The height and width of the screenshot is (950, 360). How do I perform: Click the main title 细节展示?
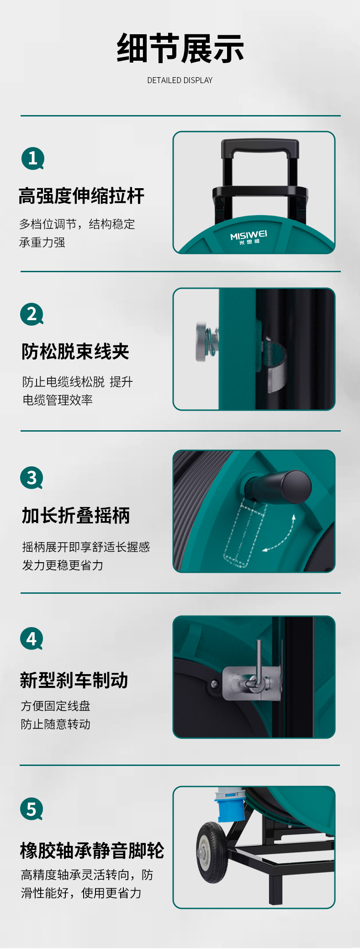tap(180, 48)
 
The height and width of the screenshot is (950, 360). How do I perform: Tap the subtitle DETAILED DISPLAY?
tap(180, 80)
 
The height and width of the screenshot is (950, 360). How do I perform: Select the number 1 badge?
tap(33, 158)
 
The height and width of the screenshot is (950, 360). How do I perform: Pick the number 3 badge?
tap(32, 478)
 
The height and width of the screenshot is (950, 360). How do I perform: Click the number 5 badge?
tap(32, 809)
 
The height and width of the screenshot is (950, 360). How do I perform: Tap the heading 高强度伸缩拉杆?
tap(81, 196)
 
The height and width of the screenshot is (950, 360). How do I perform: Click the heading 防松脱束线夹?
tap(75, 352)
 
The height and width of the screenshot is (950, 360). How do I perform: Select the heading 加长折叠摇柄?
tap(76, 515)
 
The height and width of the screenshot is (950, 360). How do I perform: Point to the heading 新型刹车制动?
tap(74, 680)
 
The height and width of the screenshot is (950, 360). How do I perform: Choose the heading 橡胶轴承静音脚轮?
tap(92, 850)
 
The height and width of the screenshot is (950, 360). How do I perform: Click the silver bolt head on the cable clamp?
tap(201, 341)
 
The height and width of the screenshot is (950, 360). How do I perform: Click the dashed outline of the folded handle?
tap(244, 533)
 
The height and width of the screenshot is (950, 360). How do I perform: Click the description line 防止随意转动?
tap(56, 724)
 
